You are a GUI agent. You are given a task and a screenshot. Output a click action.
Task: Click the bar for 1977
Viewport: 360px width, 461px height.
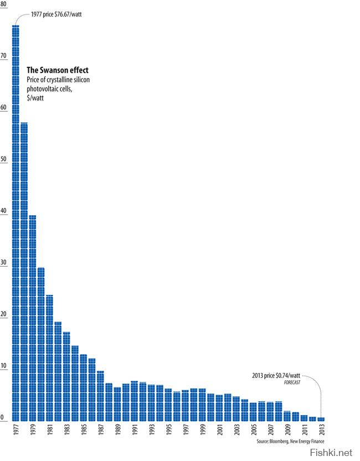click(16, 221)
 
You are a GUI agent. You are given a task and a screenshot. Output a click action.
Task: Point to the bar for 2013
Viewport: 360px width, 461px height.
click(321, 418)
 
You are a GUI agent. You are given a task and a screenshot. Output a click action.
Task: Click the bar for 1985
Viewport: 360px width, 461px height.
click(83, 387)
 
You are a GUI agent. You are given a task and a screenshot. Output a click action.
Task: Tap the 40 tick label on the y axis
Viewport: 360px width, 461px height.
click(4, 211)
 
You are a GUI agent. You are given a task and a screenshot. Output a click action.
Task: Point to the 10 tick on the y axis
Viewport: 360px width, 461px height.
click(4, 366)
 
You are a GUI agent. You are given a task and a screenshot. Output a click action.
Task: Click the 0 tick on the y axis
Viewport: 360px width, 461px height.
click(3, 418)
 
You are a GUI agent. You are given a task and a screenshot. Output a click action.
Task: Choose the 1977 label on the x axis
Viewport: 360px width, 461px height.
click(16, 431)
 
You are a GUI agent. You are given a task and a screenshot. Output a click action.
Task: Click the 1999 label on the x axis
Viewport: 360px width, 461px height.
click(202, 431)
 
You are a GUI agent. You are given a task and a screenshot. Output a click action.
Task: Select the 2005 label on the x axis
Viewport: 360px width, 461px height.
click(253, 431)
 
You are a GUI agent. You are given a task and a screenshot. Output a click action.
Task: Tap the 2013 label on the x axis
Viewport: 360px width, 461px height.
click(321, 431)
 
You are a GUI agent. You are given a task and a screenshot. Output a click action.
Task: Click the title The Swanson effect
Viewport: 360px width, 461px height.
click(58, 70)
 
